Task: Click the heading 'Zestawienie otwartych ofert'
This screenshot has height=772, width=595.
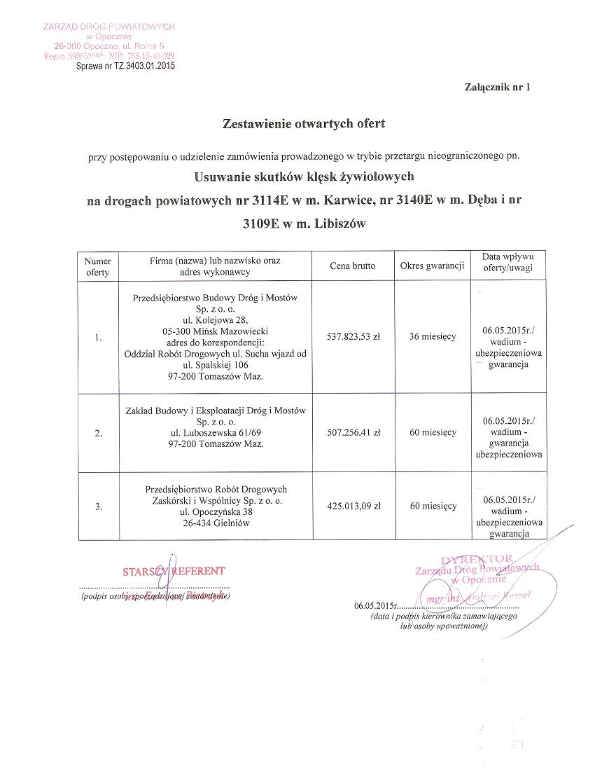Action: point(303,124)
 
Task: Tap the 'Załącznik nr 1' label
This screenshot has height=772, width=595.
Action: point(498,88)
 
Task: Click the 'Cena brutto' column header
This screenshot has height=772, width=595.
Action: point(353,266)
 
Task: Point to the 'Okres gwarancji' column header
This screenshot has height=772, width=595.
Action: point(433,266)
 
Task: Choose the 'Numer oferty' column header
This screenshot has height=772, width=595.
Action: point(98,266)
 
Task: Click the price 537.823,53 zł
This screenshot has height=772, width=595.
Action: point(353,336)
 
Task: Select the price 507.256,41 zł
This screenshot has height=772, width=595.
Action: point(353,432)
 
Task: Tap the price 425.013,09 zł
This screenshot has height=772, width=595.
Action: point(353,505)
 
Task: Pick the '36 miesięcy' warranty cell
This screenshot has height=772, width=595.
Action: point(433,336)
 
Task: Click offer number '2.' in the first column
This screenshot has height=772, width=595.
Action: point(98,433)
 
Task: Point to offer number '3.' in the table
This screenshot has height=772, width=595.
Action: point(98,506)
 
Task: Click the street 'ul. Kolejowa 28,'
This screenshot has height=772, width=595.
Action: point(215,319)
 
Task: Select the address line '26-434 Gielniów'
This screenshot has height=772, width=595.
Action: point(216,523)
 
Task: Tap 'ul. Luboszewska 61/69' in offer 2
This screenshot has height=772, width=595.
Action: point(215,433)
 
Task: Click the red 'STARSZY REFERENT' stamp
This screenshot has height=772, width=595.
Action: point(174,571)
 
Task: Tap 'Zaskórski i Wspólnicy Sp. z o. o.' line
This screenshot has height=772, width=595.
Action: point(216,500)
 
